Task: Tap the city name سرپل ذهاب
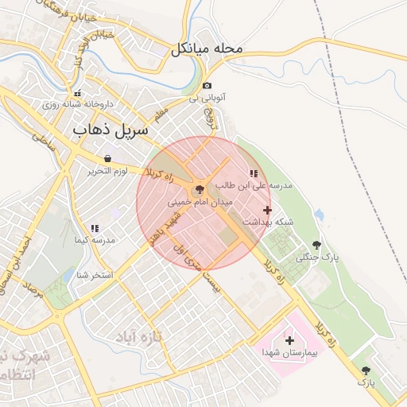point(111,129)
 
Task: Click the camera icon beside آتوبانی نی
point(207,85)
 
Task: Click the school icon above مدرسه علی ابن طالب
point(254,172)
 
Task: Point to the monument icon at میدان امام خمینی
point(199,190)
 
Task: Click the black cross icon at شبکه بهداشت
point(267,211)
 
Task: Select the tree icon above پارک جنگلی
point(317,245)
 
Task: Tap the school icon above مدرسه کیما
point(95,228)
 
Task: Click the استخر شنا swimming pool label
point(95,275)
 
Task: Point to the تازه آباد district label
point(137,337)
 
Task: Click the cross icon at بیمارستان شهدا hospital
point(289,339)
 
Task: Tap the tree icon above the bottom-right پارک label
point(366,370)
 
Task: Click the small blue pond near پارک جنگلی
point(319,215)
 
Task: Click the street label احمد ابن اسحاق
point(17,264)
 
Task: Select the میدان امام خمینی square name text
point(201,203)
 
